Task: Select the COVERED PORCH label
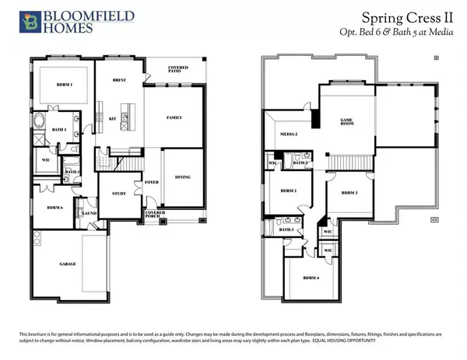pyautogui.click(x=155, y=213)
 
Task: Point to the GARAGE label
pyautogui.click(x=68, y=264)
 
